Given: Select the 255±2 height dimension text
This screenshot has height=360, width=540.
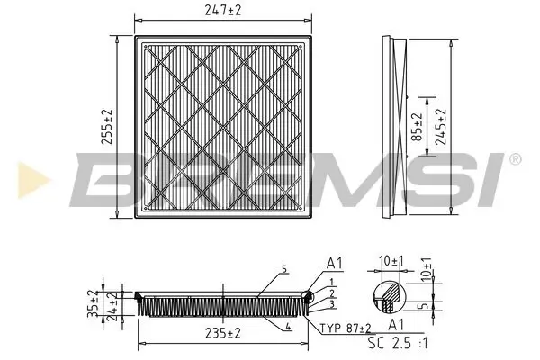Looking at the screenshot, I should (107, 126).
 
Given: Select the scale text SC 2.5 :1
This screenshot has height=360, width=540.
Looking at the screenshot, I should (398, 343).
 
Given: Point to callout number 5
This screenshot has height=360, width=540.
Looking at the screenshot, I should (283, 269).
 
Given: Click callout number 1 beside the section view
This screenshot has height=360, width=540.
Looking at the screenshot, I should (333, 283).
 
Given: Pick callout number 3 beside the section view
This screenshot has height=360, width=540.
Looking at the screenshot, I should (333, 304).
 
